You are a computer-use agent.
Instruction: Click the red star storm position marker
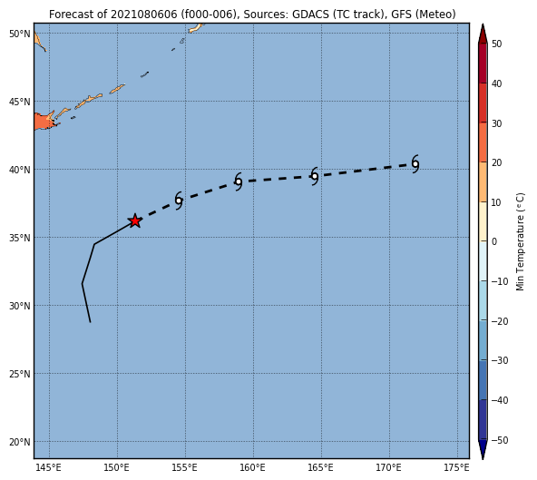[x=135, y=221]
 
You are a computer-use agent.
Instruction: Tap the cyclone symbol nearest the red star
[x=179, y=201]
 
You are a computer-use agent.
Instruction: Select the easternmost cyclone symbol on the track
[x=415, y=164]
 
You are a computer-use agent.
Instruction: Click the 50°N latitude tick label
[x=20, y=34]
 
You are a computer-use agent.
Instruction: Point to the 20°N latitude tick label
[x=20, y=442]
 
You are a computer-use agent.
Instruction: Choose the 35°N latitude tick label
[x=20, y=238]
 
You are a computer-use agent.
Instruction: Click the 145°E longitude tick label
[x=49, y=467]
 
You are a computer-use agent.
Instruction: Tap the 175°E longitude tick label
[x=457, y=467]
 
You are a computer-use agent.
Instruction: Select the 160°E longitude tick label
[x=253, y=467]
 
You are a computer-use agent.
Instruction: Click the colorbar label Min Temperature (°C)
[x=521, y=242]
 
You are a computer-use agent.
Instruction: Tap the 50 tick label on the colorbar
[x=496, y=44]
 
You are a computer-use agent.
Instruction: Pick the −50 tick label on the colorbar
[x=499, y=440]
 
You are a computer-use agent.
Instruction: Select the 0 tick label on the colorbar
[x=494, y=241]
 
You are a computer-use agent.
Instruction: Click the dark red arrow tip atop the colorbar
[x=483, y=24]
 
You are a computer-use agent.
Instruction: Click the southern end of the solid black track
[x=90, y=322]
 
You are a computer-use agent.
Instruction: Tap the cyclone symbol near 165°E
[x=315, y=176]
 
